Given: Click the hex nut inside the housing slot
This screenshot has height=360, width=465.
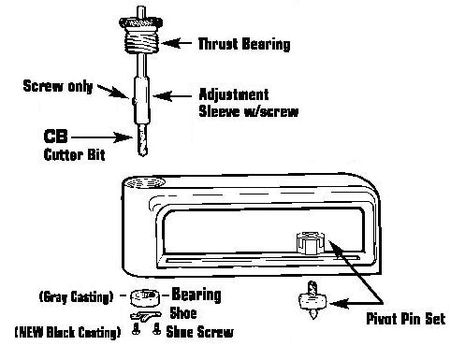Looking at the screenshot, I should click(309, 242).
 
